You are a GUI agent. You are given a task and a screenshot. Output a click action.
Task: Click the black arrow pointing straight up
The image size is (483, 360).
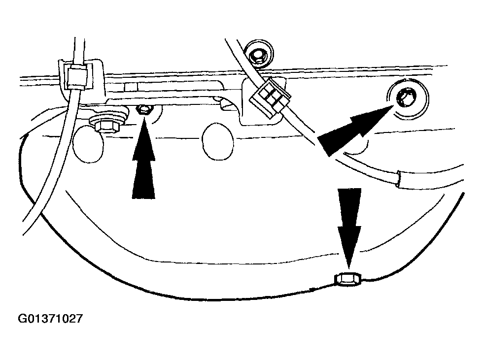143,163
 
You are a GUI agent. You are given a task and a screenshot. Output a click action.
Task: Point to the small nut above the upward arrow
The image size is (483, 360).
143,109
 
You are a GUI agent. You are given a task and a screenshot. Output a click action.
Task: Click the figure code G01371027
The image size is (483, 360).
50,319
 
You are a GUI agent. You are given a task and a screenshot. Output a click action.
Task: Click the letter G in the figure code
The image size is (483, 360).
23,319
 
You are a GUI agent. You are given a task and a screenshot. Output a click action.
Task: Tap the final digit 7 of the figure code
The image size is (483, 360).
79,319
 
